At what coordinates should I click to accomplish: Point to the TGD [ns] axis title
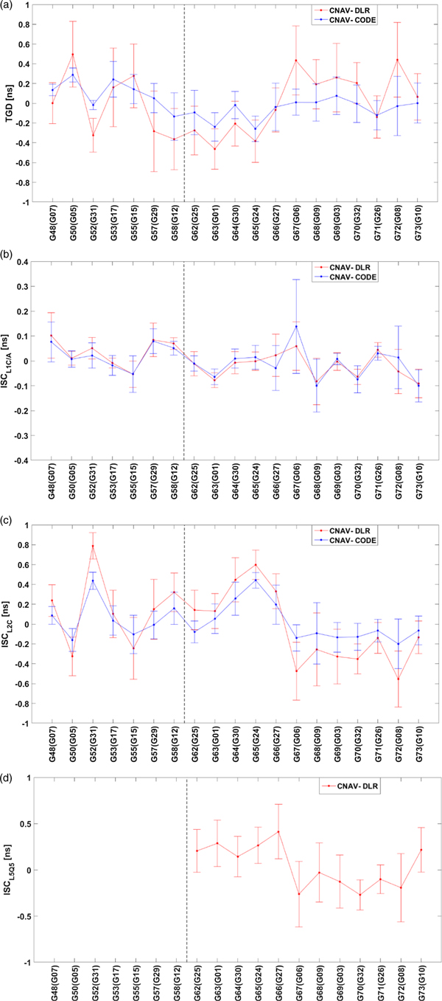pyautogui.click(x=10, y=103)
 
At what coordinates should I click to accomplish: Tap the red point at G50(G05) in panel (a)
pyautogui.click(x=73, y=55)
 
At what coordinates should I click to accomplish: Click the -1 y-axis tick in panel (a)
pyautogui.click(x=29, y=202)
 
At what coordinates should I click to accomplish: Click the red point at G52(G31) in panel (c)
pyautogui.click(x=93, y=547)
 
